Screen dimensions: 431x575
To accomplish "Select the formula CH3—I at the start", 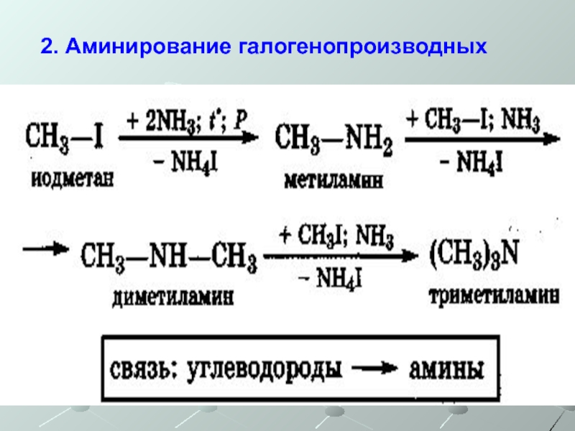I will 65,135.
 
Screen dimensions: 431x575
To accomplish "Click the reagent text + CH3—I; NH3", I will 474,119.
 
